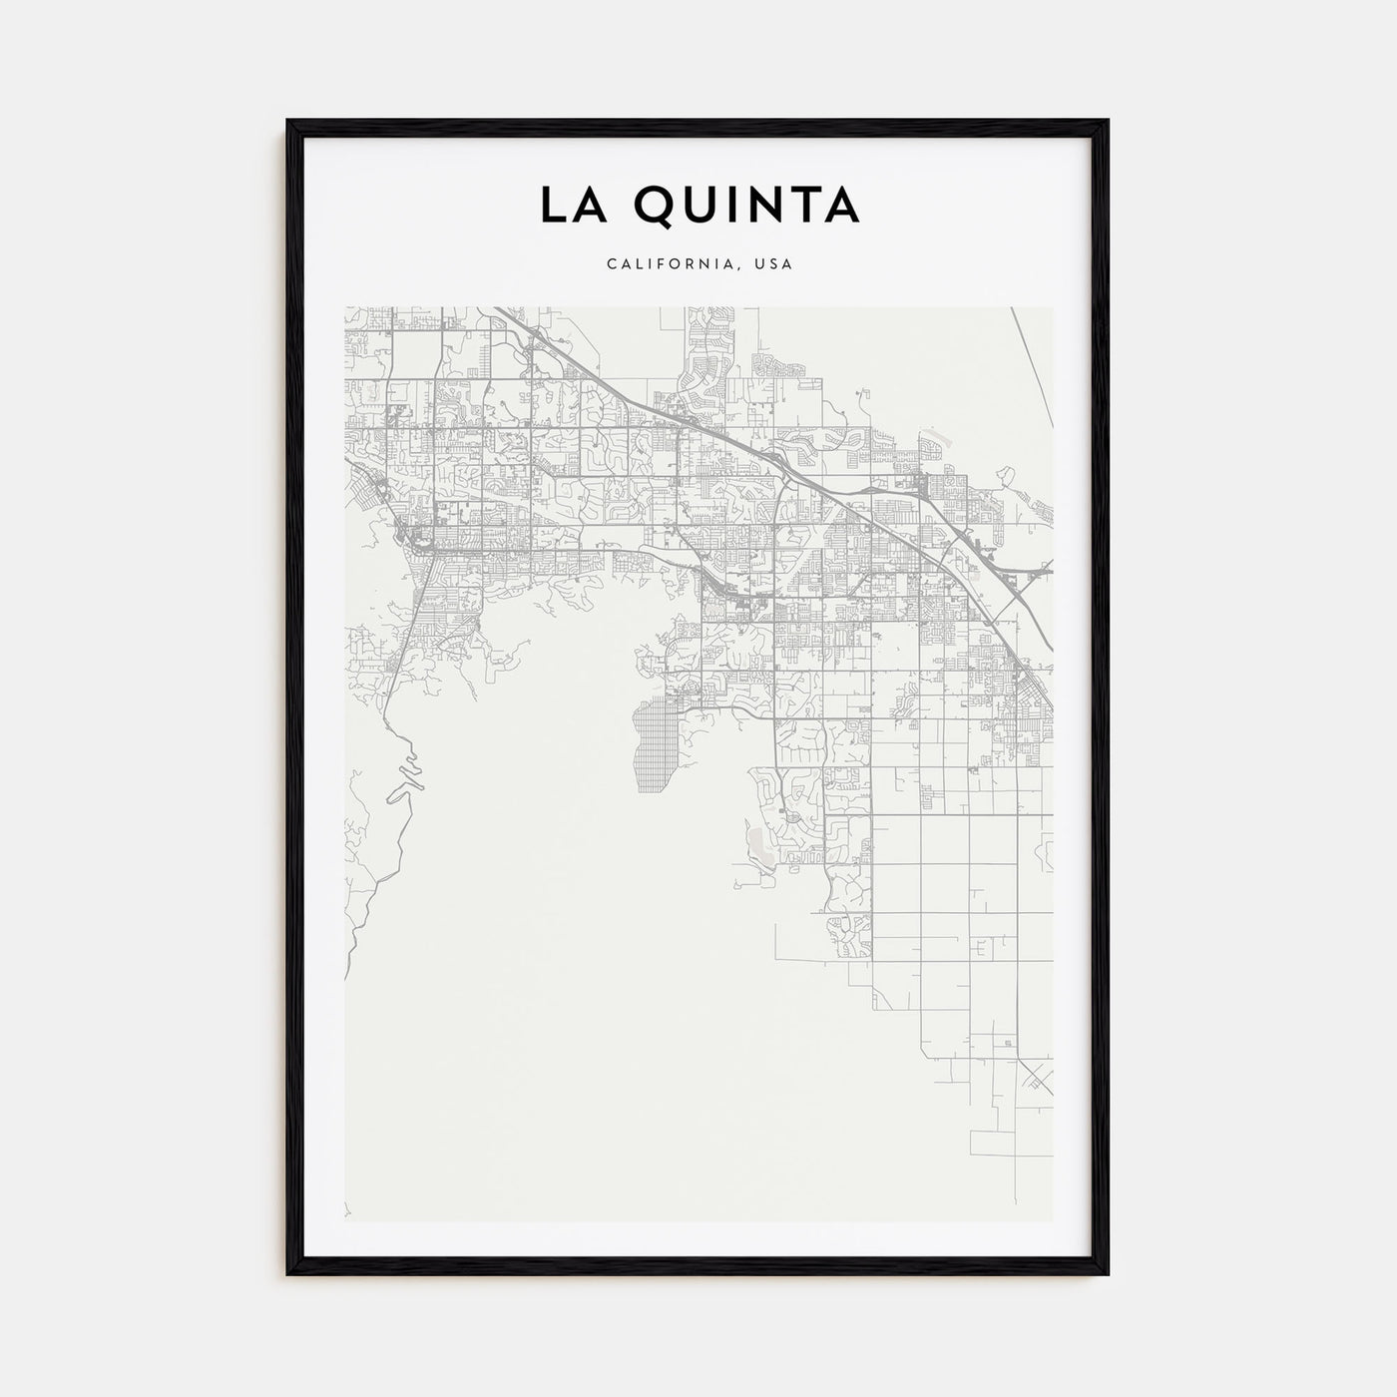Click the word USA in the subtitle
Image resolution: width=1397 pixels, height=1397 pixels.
pos(774,264)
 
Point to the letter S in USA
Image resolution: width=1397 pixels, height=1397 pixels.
pos(774,264)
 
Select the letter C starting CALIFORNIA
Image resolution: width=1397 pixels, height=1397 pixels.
pos(610,264)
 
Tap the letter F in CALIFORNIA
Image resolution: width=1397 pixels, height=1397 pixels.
pos(664,264)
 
